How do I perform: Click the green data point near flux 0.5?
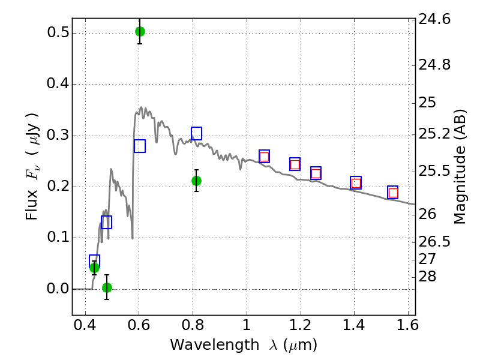pos(140,31)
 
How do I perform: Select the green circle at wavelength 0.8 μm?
pos(197,181)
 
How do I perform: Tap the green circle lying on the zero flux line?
pos(107,287)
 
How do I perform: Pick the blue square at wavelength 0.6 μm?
pos(140,146)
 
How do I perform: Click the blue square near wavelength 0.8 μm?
pos(197,133)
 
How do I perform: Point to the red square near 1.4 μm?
pos(356,183)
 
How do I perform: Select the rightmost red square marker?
pos(393,193)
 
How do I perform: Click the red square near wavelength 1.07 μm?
pos(264,157)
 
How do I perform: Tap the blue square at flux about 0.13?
pos(107,222)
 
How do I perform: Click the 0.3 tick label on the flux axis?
pos(57,135)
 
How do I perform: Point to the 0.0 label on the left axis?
pos(57,289)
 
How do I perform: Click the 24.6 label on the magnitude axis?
pos(434,19)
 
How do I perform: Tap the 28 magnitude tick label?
pos(427,276)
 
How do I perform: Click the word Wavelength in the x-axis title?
pos(215,345)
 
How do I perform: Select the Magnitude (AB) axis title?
pos(460,167)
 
